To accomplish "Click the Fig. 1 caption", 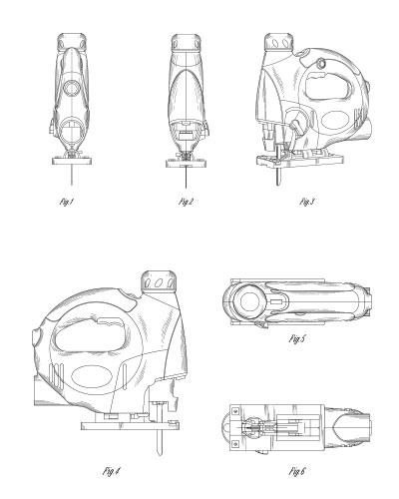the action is tap(66, 202).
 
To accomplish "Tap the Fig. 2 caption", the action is tap(186, 202).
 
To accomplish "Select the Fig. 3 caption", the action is tap(307, 202).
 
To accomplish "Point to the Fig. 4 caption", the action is tap(112, 471).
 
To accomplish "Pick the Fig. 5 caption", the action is tap(297, 339).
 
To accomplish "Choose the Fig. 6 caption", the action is tap(297, 471).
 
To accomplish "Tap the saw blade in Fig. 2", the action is tap(186, 178).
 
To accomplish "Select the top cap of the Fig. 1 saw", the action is tap(73, 42).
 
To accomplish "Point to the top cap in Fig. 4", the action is tap(159, 281).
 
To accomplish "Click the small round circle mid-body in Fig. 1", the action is tap(72, 88).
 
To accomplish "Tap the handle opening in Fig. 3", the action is tap(328, 88).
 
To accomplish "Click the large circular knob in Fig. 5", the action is tap(249, 302).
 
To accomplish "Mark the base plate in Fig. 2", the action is tap(187, 164).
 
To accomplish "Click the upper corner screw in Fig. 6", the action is tap(235, 411).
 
